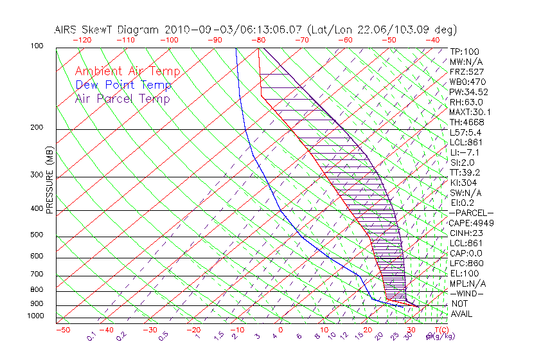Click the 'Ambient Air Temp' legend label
coord(127,71)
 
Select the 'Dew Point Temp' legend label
coord(123,85)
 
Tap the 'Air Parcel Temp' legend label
coord(122,98)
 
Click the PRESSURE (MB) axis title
coord(49,180)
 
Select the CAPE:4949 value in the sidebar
coord(468,223)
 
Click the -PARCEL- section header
coord(471,213)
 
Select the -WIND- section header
coord(467,294)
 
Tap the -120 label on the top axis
coord(82,40)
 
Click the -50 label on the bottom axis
coord(62,330)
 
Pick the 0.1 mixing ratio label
coord(92,336)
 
